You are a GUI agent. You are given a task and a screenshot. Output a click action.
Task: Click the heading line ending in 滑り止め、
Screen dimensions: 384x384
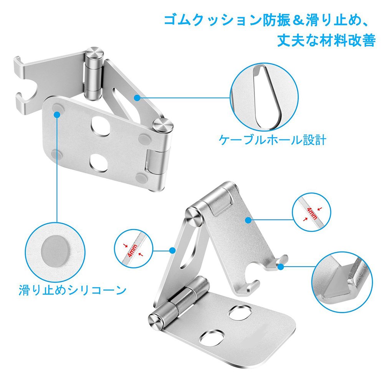(270, 20)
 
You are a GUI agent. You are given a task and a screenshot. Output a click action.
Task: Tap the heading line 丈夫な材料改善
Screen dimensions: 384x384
(326, 40)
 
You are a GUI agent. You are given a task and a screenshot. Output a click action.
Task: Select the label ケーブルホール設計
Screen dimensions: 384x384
(273, 140)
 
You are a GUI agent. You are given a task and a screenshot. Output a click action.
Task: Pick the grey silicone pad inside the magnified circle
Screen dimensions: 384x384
(55, 250)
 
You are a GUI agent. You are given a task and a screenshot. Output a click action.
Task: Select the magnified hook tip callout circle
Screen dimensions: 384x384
(342, 281)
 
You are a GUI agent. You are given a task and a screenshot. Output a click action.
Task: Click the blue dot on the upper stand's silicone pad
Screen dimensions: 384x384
(57, 114)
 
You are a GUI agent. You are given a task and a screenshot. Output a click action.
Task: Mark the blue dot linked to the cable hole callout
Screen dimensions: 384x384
(137, 98)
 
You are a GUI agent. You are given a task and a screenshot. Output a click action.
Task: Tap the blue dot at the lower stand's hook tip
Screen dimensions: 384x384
(281, 267)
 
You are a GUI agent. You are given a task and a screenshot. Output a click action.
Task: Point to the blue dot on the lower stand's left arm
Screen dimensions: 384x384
(173, 250)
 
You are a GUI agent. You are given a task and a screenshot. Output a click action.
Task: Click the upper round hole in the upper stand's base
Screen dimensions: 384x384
(101, 126)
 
